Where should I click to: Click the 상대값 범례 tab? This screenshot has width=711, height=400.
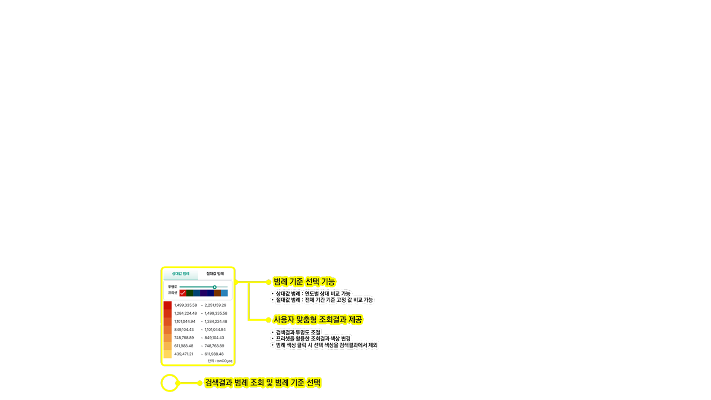click(x=180, y=274)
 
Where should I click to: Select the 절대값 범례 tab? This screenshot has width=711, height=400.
click(x=215, y=274)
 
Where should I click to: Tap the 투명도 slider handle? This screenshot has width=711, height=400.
click(x=214, y=287)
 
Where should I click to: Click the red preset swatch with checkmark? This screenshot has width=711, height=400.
click(x=183, y=293)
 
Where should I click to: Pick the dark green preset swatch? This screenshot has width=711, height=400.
click(x=190, y=293)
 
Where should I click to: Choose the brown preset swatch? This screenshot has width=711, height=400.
click(x=217, y=293)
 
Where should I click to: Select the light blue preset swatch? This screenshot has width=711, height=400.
click(x=224, y=293)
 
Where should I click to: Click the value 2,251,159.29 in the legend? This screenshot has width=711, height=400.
click(x=215, y=305)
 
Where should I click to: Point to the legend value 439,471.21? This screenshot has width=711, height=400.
click(x=184, y=354)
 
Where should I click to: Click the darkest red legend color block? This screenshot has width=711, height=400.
click(x=167, y=305)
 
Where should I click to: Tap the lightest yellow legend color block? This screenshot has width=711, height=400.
click(x=167, y=354)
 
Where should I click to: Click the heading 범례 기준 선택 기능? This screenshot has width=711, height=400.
click(x=304, y=282)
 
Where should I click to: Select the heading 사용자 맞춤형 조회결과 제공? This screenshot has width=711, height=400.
click(x=317, y=320)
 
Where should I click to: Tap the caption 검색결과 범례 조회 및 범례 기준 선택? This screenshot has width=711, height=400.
click(x=263, y=383)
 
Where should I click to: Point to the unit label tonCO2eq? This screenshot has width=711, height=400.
click(x=224, y=361)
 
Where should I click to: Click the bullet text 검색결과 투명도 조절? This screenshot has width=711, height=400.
click(x=298, y=333)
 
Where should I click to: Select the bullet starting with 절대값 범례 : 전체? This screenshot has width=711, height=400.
click(x=324, y=300)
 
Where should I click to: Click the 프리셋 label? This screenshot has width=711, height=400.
click(x=173, y=293)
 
